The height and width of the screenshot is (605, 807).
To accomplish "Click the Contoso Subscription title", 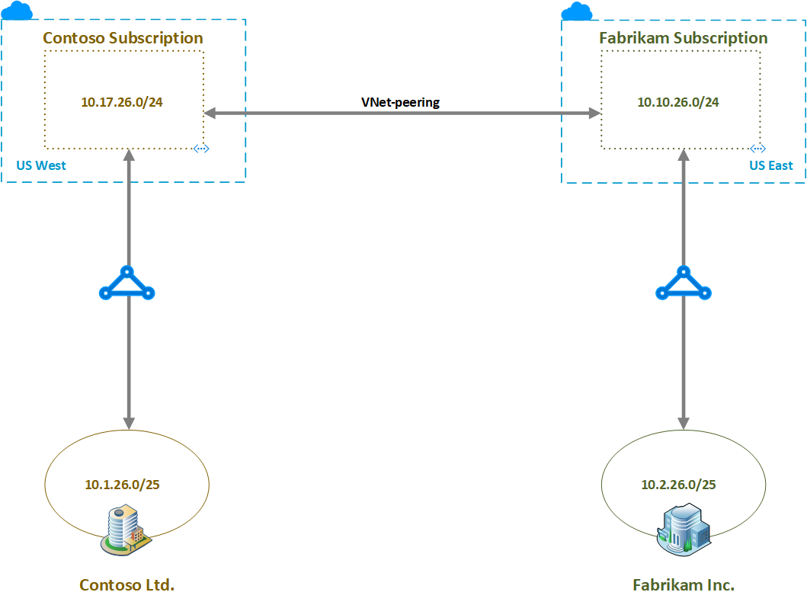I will [123, 38].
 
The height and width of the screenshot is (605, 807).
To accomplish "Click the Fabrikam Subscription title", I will [684, 38].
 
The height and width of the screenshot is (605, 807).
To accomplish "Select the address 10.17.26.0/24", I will [122, 102].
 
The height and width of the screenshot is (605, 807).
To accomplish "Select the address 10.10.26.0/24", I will [678, 102].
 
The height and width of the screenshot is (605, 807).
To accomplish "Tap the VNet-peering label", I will [400, 102].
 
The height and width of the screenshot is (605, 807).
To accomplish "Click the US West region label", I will [40, 165].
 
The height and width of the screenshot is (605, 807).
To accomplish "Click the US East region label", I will [770, 165].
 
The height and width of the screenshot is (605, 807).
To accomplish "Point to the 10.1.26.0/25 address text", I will [127, 484].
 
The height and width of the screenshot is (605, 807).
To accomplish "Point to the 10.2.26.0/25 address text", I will [678, 484].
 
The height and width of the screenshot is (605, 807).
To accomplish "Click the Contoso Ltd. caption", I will [127, 585].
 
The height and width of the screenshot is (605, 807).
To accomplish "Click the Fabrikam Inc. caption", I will [684, 585].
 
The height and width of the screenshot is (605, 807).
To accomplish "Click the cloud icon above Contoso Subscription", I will [18, 11].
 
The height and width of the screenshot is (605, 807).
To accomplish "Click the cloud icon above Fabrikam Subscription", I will [577, 11].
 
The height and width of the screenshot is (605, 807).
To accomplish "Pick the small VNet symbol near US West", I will [201, 149].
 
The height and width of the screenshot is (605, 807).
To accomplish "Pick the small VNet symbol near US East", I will [757, 149].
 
